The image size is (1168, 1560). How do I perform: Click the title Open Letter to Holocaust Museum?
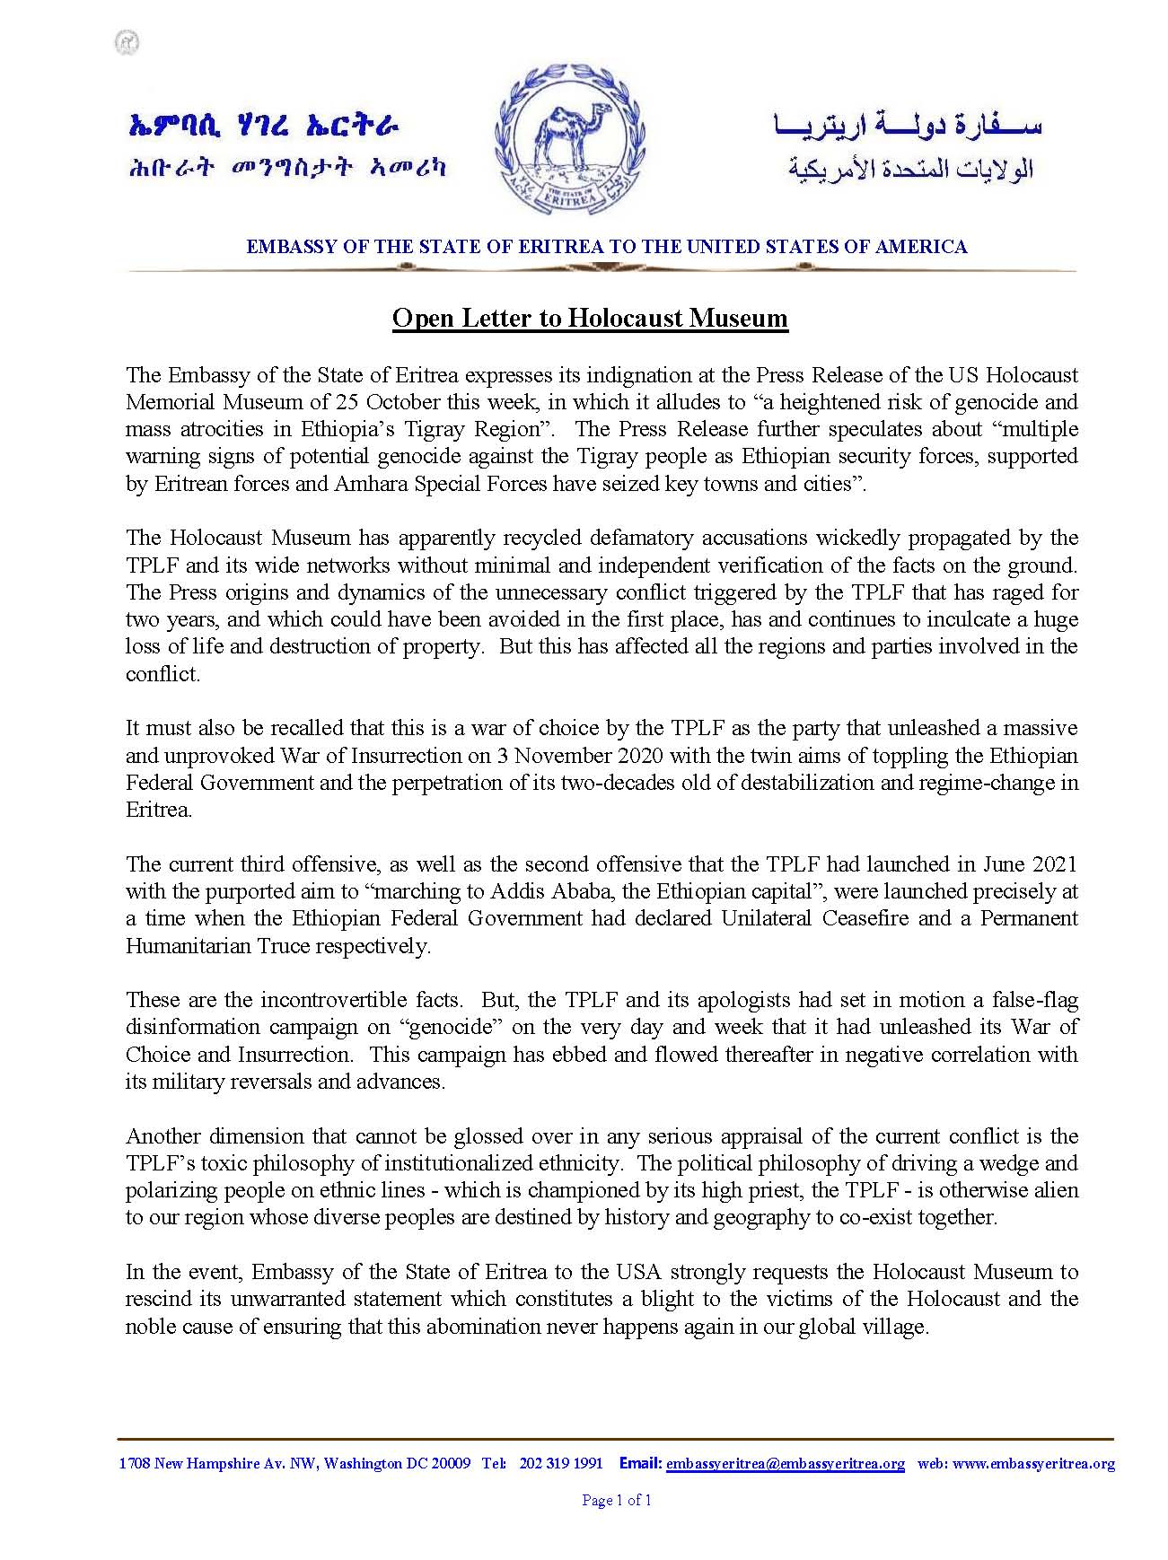(x=590, y=319)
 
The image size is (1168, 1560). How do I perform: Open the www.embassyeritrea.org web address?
(x=1033, y=1463)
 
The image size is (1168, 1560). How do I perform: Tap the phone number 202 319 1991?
(x=560, y=1463)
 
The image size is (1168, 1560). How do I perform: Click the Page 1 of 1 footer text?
(x=617, y=1500)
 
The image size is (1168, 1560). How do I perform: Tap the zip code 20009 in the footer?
(x=451, y=1463)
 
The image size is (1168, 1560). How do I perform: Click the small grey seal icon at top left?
(x=127, y=42)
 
